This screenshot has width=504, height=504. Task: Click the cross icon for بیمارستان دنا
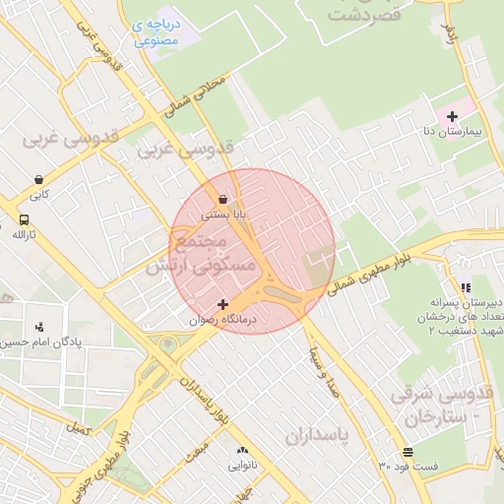click(452, 117)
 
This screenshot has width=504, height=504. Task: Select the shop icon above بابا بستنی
click(223, 198)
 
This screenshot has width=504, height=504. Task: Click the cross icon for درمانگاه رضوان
click(223, 304)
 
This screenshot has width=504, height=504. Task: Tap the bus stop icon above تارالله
click(24, 220)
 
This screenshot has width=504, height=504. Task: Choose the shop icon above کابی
click(38, 180)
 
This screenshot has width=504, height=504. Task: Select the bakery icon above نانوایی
click(242, 450)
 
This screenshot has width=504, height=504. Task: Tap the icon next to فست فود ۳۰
click(408, 452)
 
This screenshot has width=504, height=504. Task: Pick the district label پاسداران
click(319, 434)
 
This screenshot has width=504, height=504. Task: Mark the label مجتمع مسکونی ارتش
click(201, 253)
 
